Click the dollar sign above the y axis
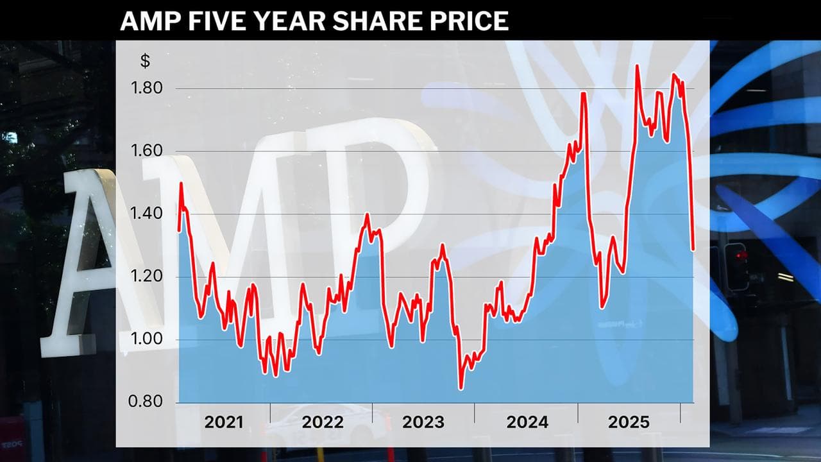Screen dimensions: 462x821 pyautogui.click(x=145, y=62)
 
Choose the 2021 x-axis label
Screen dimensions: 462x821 pyautogui.click(x=224, y=422)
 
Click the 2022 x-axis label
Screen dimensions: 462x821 pyautogui.click(x=323, y=422)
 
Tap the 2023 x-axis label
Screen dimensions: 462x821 pyautogui.click(x=423, y=422)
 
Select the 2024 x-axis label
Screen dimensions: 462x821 pyautogui.click(x=527, y=422)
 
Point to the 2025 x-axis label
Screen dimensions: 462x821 pyautogui.click(x=629, y=422)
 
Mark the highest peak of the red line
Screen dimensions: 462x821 pyautogui.click(x=637, y=65)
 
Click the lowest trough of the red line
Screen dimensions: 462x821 pyautogui.click(x=460, y=388)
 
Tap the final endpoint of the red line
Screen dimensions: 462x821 pyautogui.click(x=693, y=250)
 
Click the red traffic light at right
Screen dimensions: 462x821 pyautogui.click(x=741, y=256)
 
